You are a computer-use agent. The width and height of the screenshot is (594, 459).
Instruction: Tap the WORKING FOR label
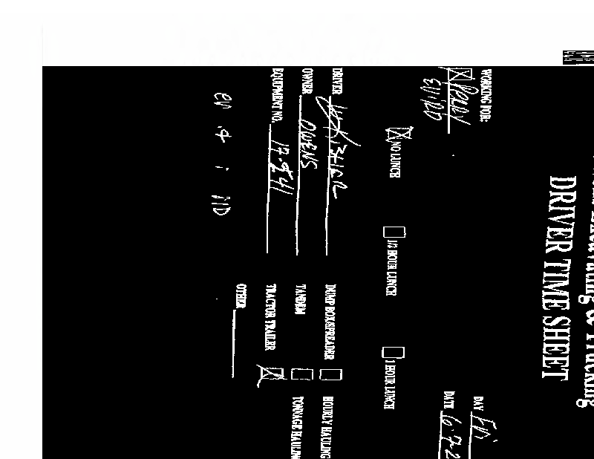tap(486, 97)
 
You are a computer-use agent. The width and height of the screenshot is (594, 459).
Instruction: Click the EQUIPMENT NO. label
tap(278, 95)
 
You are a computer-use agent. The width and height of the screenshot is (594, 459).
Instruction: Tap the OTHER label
tap(241, 296)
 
